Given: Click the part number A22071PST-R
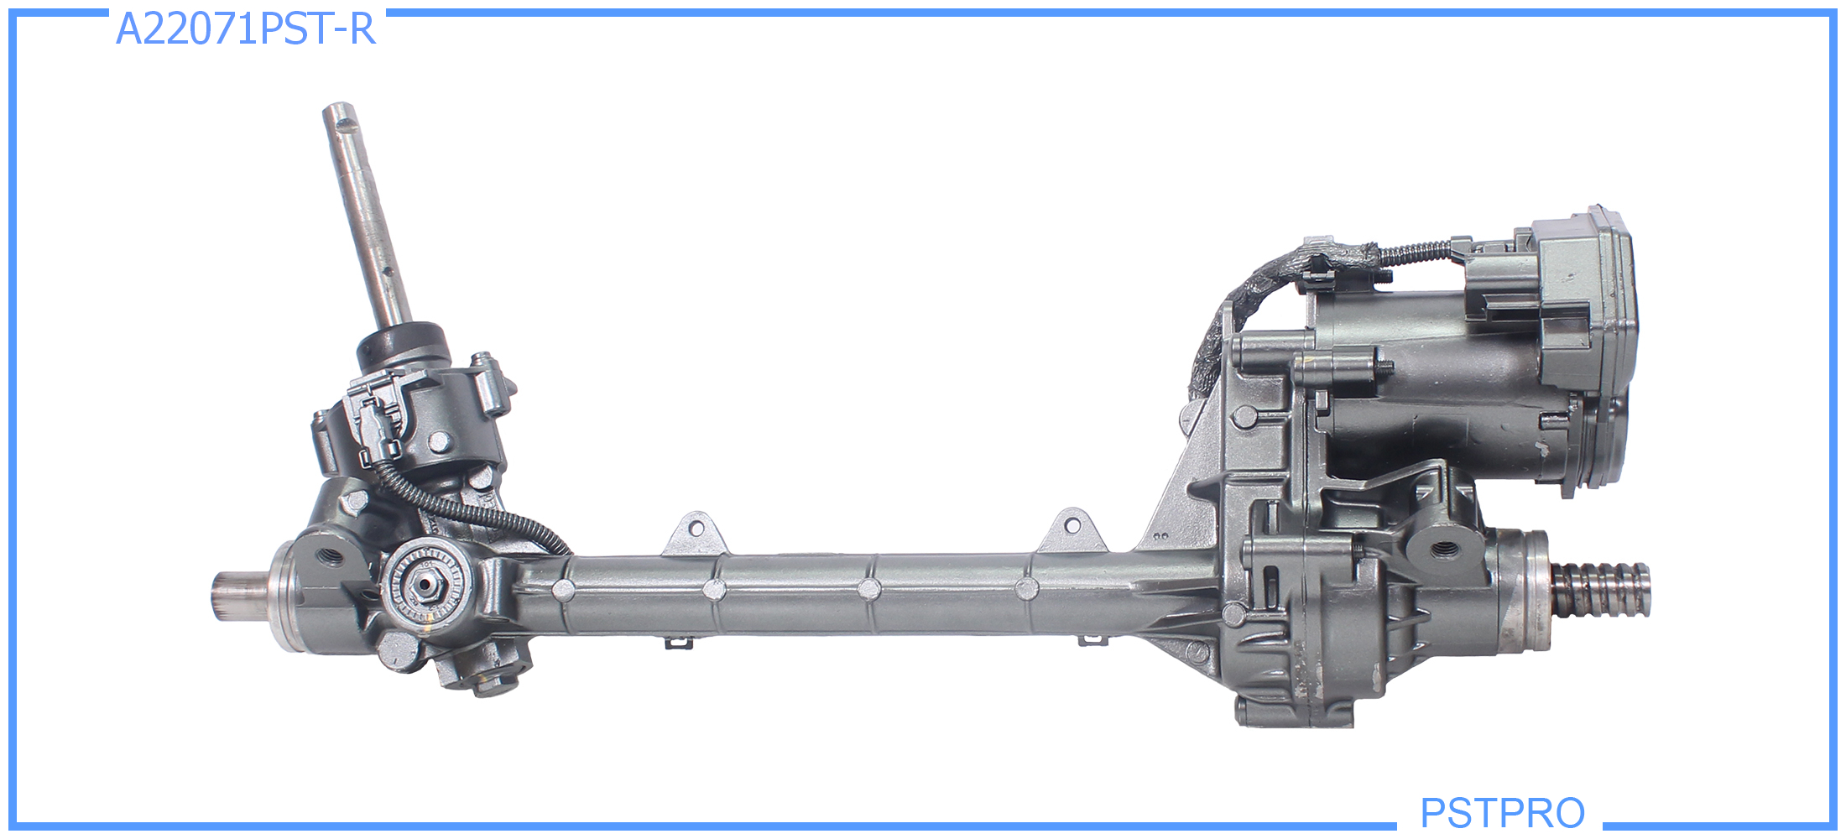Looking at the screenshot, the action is (x=245, y=29).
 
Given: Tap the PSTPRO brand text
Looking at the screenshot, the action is (x=1502, y=812).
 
